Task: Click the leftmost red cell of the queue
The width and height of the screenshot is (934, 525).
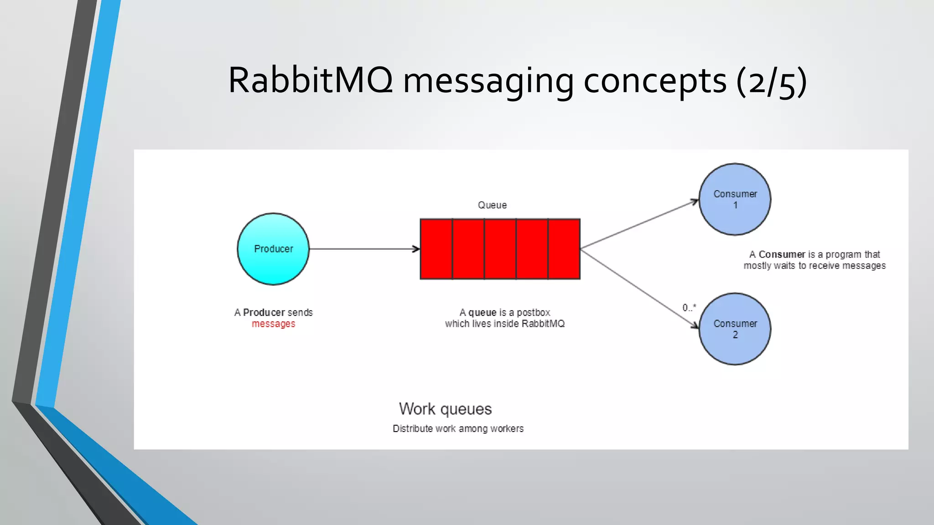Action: [x=436, y=249]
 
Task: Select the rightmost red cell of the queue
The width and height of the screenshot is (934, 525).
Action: [x=564, y=249]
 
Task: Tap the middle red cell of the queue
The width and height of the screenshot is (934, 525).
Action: [x=500, y=249]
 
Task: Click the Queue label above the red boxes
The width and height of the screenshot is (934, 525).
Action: [x=492, y=205]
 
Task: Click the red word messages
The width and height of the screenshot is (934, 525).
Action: [x=273, y=324]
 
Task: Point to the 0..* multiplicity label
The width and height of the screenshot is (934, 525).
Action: [x=689, y=308]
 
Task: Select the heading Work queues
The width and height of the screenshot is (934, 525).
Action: [x=445, y=409]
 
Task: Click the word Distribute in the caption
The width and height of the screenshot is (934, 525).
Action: [x=412, y=428]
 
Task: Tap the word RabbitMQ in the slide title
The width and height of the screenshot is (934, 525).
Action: [x=310, y=80]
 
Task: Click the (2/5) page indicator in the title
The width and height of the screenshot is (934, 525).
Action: [x=771, y=81]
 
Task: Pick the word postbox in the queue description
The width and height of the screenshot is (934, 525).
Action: [x=533, y=312]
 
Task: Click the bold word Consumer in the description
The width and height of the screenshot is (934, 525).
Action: [x=782, y=254]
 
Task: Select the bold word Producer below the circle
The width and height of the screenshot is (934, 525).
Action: [x=264, y=312]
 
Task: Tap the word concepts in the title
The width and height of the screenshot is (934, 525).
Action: [x=655, y=81]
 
